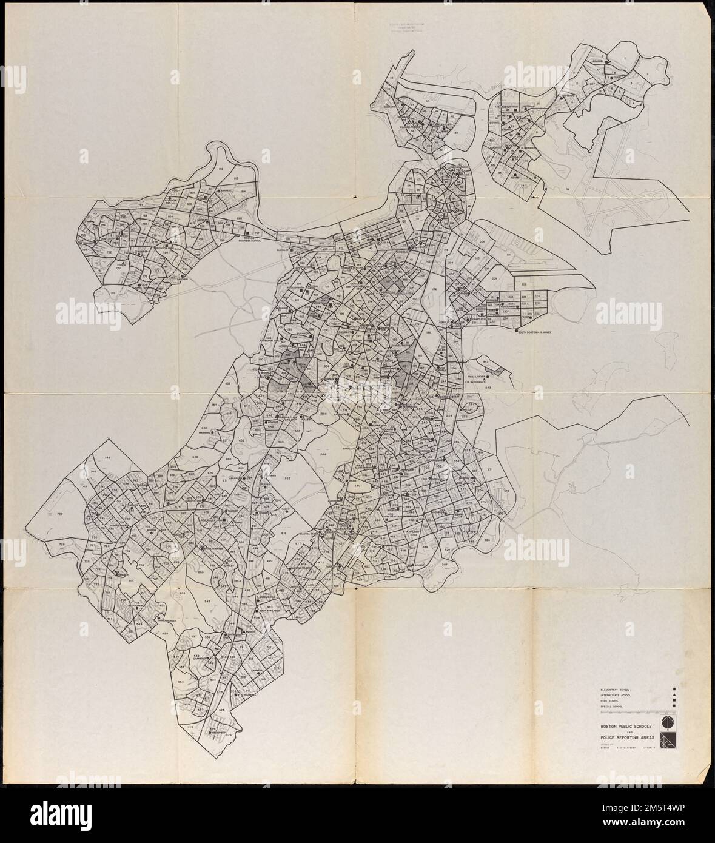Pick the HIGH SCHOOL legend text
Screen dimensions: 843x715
pos(609,701)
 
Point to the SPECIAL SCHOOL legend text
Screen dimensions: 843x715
pos(612,707)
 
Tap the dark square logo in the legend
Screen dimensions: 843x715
pos(667,741)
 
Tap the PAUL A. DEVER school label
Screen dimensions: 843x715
pos(477,375)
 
